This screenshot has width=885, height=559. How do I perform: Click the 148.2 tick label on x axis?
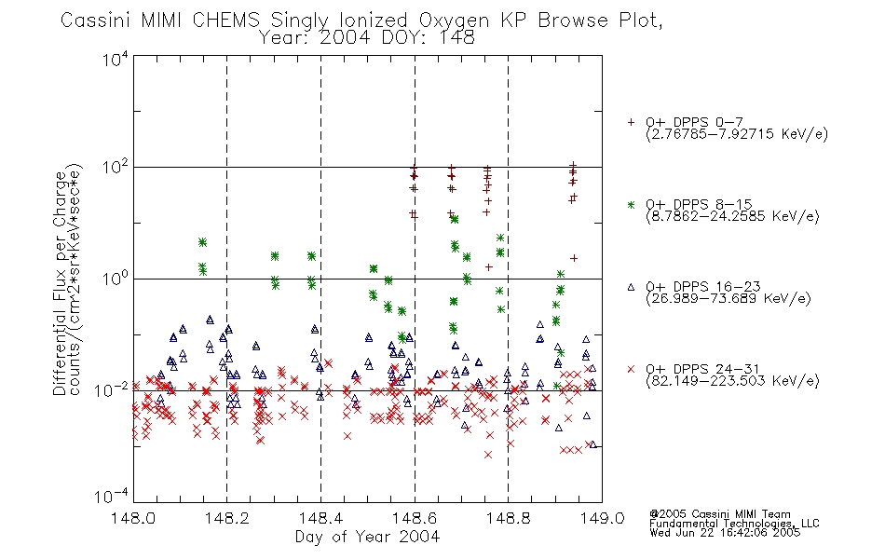click(227, 518)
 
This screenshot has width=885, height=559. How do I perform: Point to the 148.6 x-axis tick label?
click(415, 518)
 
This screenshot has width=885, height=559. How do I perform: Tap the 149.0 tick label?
click(602, 518)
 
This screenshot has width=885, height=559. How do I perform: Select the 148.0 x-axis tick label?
click(133, 518)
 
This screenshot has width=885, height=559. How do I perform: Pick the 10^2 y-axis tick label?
click(116, 168)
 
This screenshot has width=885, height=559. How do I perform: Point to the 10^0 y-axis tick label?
click(116, 279)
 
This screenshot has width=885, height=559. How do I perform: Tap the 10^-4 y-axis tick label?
click(113, 497)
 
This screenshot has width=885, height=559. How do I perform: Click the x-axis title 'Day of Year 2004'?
click(367, 537)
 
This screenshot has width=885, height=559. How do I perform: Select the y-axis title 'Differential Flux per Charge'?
click(61, 283)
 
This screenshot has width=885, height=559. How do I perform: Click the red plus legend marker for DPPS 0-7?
click(631, 122)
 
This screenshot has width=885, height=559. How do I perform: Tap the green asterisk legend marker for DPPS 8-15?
click(631, 205)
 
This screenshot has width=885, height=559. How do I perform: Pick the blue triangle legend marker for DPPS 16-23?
click(631, 287)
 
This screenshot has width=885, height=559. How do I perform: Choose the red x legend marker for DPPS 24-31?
click(631, 369)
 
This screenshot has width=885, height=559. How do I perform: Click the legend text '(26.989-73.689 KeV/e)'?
click(728, 298)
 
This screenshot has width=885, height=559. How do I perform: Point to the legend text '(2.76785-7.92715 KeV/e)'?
click(737, 134)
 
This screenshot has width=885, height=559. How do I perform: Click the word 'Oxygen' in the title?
click(454, 20)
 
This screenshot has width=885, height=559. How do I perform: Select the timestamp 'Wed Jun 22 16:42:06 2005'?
click(725, 533)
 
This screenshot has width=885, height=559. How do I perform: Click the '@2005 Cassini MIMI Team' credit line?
click(719, 514)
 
